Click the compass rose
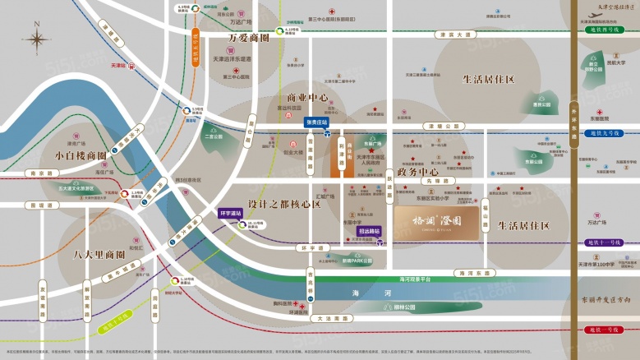(x=37, y=40)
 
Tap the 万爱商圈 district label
(x=249, y=38)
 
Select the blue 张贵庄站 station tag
(x=316, y=122)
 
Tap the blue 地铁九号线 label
(x=605, y=132)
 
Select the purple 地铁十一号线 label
(x=606, y=242)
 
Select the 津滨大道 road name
(x=454, y=35)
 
